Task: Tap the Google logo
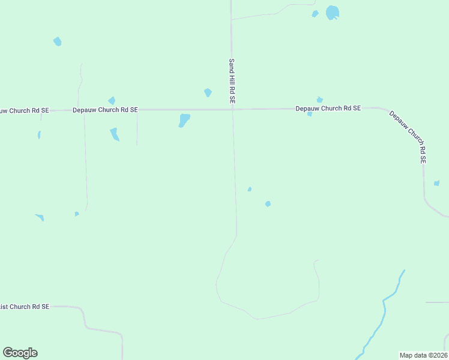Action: [x=20, y=353]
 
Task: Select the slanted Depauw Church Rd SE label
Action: [x=408, y=137]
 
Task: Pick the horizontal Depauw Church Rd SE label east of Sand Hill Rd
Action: [x=328, y=109]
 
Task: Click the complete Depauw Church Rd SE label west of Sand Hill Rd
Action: [x=105, y=110]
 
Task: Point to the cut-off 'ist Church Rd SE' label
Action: [x=25, y=307]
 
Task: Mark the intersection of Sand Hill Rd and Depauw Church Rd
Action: [x=232, y=109]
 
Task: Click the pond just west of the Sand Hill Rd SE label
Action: [x=208, y=92]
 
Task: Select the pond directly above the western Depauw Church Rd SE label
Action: [x=111, y=100]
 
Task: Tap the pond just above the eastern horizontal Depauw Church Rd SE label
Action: [x=320, y=100]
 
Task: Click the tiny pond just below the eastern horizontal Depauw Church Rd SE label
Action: [x=310, y=114]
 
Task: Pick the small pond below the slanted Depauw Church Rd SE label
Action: [x=436, y=183]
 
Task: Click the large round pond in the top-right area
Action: [x=332, y=13]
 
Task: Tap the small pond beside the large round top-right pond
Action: [x=315, y=14]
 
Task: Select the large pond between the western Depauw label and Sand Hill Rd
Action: [x=184, y=120]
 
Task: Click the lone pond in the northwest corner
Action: [x=57, y=41]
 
